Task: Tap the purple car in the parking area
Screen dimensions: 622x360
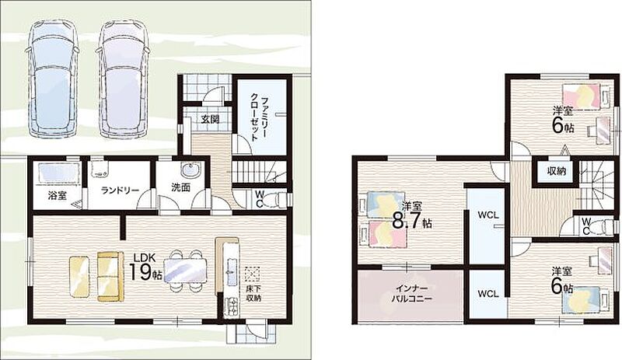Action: (123, 79)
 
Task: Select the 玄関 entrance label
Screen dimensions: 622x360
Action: (210, 119)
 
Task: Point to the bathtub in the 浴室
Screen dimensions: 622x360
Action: (59, 174)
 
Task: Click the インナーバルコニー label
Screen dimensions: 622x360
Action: (411, 293)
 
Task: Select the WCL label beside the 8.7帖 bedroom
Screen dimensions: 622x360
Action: (488, 215)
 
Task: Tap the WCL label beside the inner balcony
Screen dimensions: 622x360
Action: (488, 294)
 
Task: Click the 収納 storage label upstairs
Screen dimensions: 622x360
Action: (557, 172)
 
